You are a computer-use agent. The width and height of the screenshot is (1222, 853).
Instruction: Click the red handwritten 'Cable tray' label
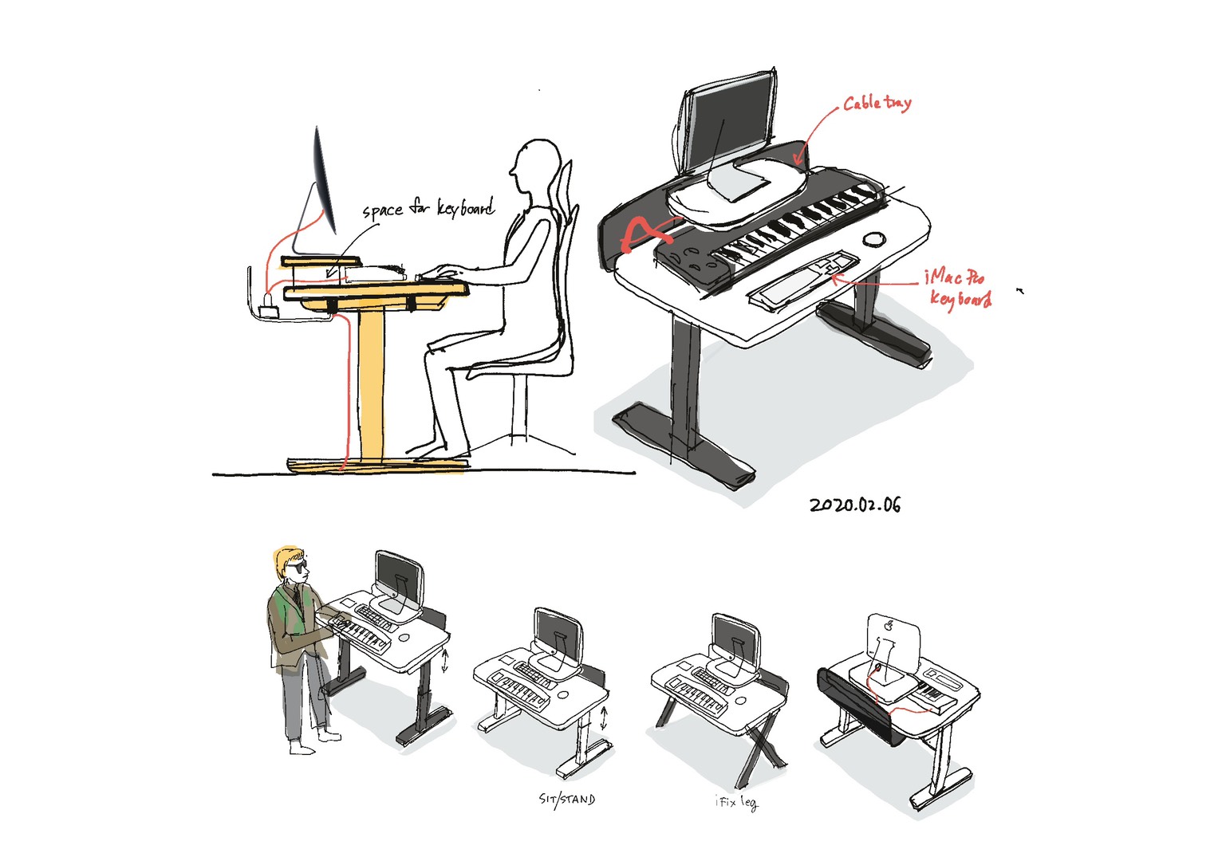(x=877, y=103)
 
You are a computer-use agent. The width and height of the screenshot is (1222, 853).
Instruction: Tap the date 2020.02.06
(x=855, y=505)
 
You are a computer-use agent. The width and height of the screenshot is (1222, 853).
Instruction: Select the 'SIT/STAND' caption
(x=567, y=800)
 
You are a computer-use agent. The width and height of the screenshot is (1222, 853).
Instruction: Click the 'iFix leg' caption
(x=736, y=803)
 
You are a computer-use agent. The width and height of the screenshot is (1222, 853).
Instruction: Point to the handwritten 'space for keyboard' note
(x=429, y=208)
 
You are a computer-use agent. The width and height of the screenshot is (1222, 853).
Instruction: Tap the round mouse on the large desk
(x=873, y=239)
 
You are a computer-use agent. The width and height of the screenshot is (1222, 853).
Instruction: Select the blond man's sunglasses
(x=298, y=568)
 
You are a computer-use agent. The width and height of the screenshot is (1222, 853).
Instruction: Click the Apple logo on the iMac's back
(x=889, y=625)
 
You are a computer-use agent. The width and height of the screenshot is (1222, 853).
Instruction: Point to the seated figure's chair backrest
(x=566, y=261)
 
